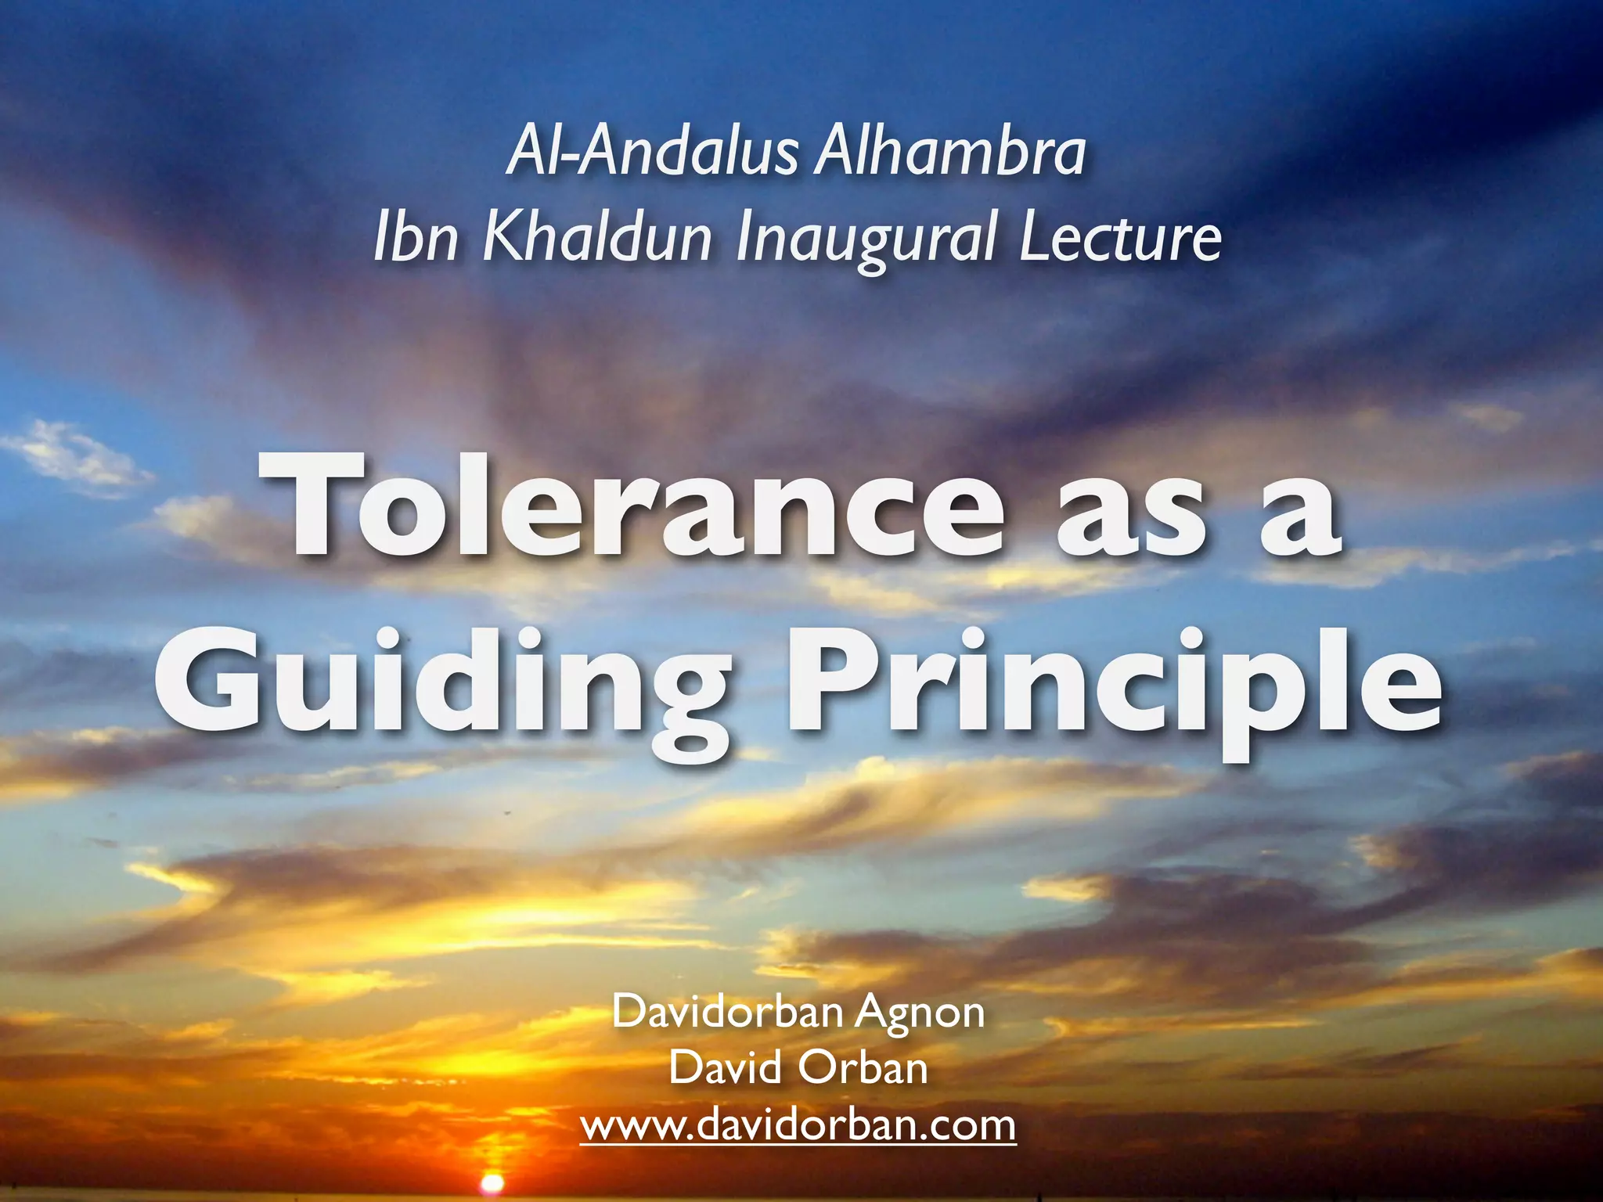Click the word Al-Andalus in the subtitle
pos(654,152)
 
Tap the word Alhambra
pos(949,152)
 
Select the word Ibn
pos(416,237)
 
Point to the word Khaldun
pos(597,237)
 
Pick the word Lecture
pos(1120,237)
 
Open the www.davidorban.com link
pos(798,1125)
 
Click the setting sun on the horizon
pos(492,1182)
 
